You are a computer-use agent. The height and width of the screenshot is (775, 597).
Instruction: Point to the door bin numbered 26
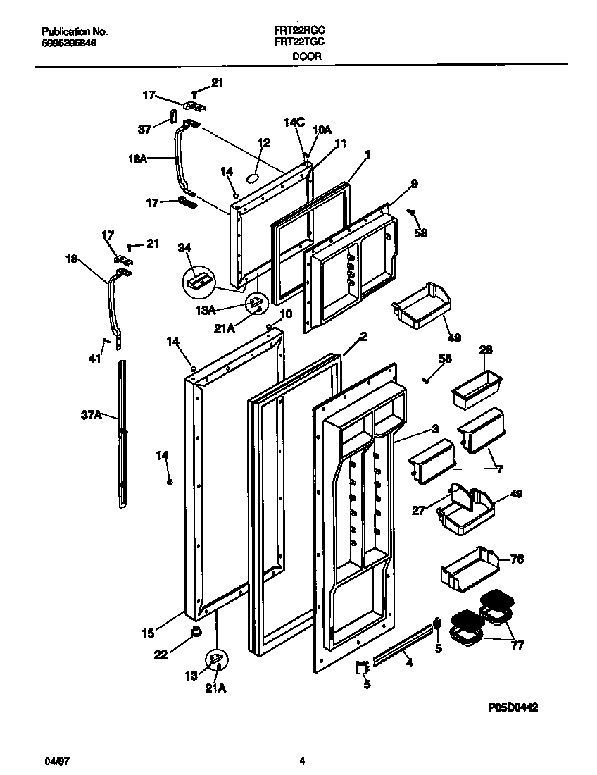pos(477,387)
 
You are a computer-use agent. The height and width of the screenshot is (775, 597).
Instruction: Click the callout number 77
pos(517,645)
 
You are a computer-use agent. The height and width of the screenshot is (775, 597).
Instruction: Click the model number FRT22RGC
pos(298,32)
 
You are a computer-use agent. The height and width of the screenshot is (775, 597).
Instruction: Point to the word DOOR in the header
pos(307,56)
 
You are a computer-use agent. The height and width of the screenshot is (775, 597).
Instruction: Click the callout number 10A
pos(321,130)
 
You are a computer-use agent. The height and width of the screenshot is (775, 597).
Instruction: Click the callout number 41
pos(95,359)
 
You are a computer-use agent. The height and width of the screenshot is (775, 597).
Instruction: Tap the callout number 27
pos(418,511)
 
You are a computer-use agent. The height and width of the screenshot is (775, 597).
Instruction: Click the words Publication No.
pos(75,32)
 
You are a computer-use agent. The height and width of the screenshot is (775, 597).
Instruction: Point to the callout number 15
pos(147,633)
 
